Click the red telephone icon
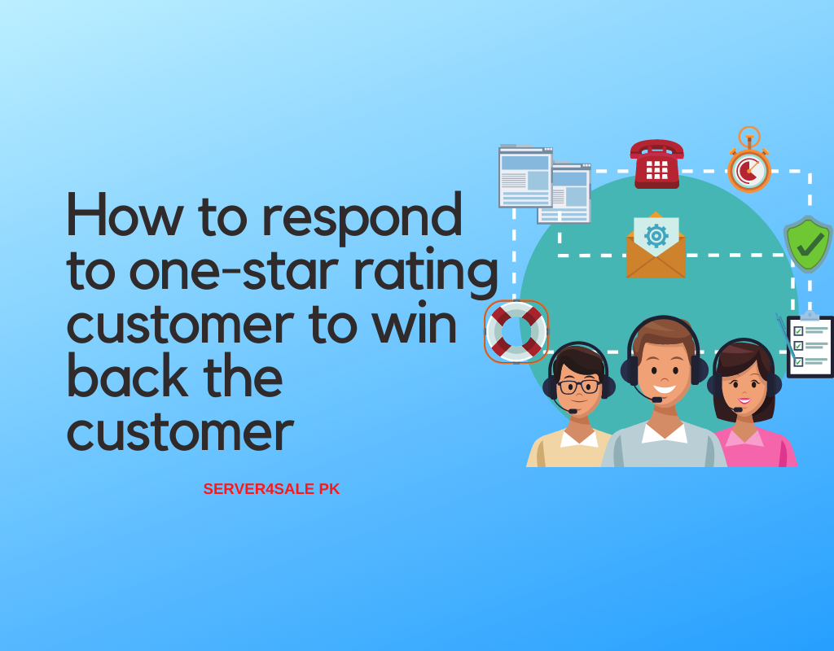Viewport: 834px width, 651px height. [x=656, y=164]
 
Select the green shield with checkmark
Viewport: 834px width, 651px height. [x=808, y=244]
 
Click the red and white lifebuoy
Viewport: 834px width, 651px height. [x=516, y=332]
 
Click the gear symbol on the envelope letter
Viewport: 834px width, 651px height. [x=656, y=235]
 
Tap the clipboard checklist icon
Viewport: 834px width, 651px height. [x=809, y=345]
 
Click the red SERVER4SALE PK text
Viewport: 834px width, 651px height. [x=271, y=489]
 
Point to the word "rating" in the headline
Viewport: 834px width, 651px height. [x=425, y=272]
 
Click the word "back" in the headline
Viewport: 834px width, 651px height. [x=128, y=375]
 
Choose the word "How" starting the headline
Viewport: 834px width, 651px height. [x=125, y=214]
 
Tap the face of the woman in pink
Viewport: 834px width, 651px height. [x=744, y=387]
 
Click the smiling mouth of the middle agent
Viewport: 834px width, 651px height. [x=665, y=390]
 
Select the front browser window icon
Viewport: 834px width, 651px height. [x=525, y=177]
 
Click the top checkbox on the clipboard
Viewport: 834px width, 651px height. [x=798, y=331]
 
